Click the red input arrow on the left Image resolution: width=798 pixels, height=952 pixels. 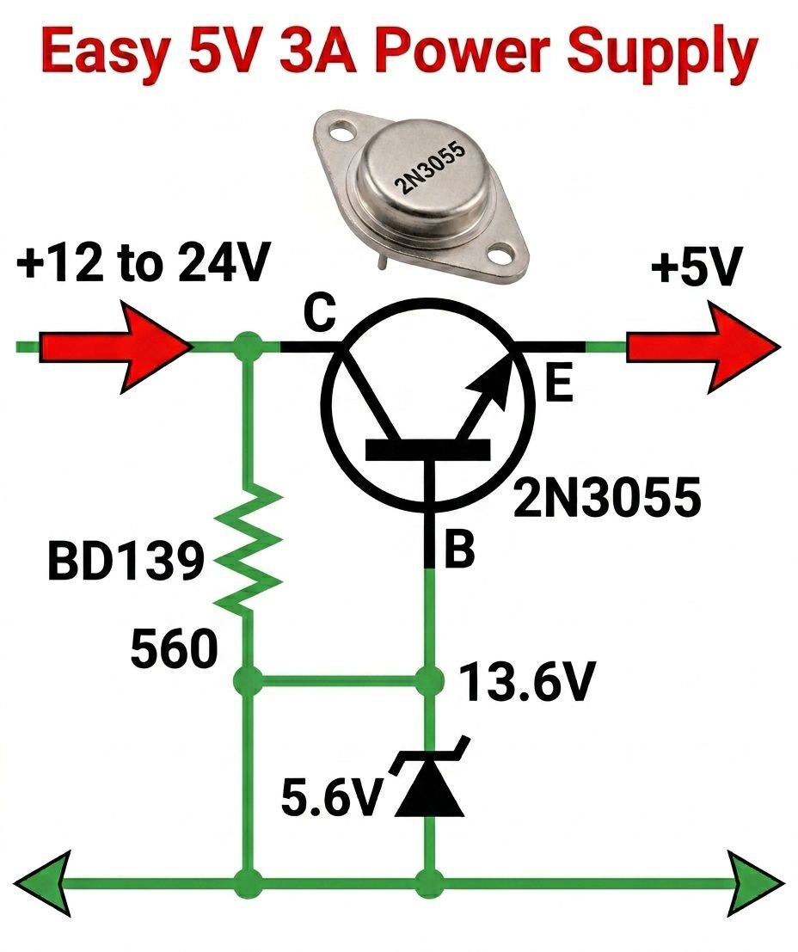pyautogui.click(x=115, y=347)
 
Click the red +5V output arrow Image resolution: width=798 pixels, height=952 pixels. pyautogui.click(x=703, y=347)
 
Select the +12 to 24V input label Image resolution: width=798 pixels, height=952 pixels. pyautogui.click(x=143, y=263)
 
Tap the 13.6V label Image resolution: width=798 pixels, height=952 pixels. pyautogui.click(x=526, y=683)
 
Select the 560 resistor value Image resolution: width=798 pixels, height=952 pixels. pyautogui.click(x=175, y=648)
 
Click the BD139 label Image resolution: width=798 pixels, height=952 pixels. pyautogui.click(x=126, y=561)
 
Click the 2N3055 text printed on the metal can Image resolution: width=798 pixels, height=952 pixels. pyautogui.click(x=430, y=168)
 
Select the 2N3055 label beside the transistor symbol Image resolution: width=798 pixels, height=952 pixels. pyautogui.click(x=607, y=498)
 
